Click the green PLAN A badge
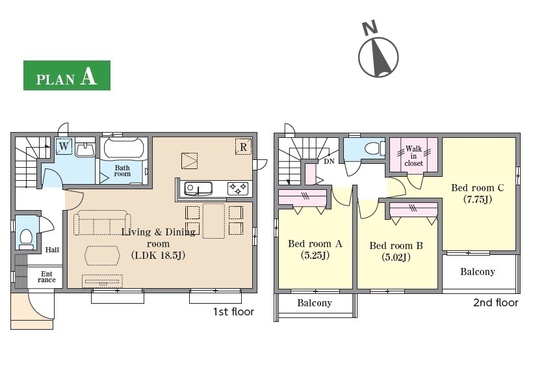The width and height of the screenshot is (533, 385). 66,75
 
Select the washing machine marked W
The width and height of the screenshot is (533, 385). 64,146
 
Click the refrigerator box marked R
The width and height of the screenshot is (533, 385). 243,147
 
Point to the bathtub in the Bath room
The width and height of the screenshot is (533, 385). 124,148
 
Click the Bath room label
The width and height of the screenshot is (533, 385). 122,171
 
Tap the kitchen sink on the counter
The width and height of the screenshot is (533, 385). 198,189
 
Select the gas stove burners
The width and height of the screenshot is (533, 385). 238,189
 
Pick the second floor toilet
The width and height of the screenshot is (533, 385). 374,148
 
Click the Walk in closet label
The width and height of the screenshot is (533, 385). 413,156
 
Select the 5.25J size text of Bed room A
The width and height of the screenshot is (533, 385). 315,255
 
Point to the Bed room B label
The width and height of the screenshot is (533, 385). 396,246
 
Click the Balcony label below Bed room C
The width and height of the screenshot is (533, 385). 478,271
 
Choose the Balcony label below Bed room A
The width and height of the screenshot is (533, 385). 315,302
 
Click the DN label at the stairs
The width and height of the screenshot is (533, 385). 329,161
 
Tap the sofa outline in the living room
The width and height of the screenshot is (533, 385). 102,223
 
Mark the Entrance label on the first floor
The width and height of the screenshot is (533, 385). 47,277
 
